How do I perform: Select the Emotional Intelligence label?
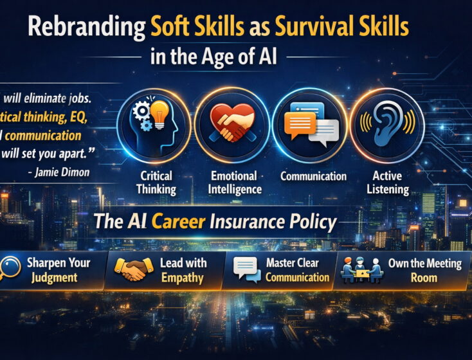(x=233, y=183)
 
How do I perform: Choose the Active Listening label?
(x=390, y=183)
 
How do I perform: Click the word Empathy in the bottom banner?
(x=182, y=278)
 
